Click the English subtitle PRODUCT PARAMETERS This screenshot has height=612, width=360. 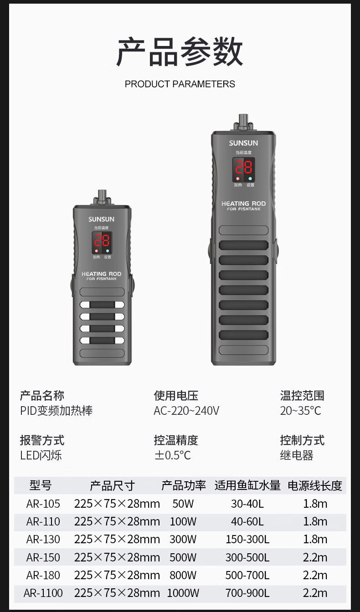point(180,84)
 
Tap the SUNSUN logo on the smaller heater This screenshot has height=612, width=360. point(101,219)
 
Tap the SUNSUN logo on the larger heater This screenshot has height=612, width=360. point(243,143)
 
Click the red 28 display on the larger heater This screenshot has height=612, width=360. point(243,167)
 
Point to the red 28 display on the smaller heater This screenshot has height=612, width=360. point(102,241)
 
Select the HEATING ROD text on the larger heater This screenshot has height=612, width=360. point(243,204)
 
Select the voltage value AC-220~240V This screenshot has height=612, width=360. point(186,411)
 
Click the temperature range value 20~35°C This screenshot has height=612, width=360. point(300,411)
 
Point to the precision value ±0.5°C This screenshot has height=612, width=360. point(172,455)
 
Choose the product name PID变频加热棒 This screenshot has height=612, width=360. point(56,411)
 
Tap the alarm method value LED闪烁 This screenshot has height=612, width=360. point(41,455)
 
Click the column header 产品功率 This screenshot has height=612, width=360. point(183,485)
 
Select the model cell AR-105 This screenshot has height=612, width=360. point(43,504)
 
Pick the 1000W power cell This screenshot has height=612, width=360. point(183,593)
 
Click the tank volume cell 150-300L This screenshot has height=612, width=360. point(247,540)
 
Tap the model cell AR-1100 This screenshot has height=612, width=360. point(43,593)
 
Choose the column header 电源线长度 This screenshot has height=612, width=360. point(314,485)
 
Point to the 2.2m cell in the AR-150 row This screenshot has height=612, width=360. point(315,557)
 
